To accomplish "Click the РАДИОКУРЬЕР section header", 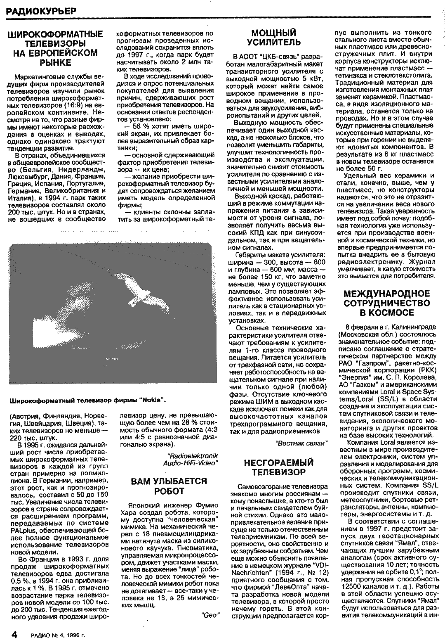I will pos(41,12).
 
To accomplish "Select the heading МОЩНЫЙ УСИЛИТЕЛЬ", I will pos(273,38).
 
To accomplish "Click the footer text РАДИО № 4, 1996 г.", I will pos(58,634).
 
